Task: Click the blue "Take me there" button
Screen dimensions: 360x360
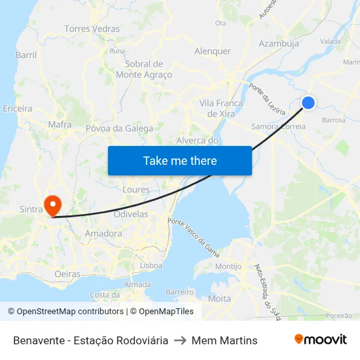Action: coord(179,160)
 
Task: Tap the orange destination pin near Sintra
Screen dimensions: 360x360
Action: coord(51,205)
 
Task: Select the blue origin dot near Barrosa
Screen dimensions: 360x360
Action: coord(308,102)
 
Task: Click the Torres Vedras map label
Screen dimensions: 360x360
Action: coord(92,29)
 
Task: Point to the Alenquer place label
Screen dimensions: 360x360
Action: coord(213,51)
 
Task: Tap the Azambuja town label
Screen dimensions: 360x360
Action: coord(279,44)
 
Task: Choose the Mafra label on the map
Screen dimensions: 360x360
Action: coord(60,124)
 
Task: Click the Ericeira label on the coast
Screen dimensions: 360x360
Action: coord(18,108)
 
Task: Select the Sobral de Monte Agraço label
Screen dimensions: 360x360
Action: coord(144,69)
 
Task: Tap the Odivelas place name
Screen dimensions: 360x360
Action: coord(131,214)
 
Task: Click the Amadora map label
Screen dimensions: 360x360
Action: coord(103,233)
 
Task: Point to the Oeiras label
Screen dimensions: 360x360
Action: coord(68,274)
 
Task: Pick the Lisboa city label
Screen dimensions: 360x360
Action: coord(151,266)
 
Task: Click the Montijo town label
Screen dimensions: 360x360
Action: coord(228,266)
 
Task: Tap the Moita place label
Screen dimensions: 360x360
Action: coord(219,298)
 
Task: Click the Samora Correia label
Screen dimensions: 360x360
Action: coord(279,126)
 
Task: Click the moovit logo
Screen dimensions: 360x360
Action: coord(320,340)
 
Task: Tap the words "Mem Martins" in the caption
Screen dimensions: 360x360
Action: coord(225,340)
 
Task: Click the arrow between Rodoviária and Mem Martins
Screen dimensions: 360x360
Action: coord(180,340)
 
